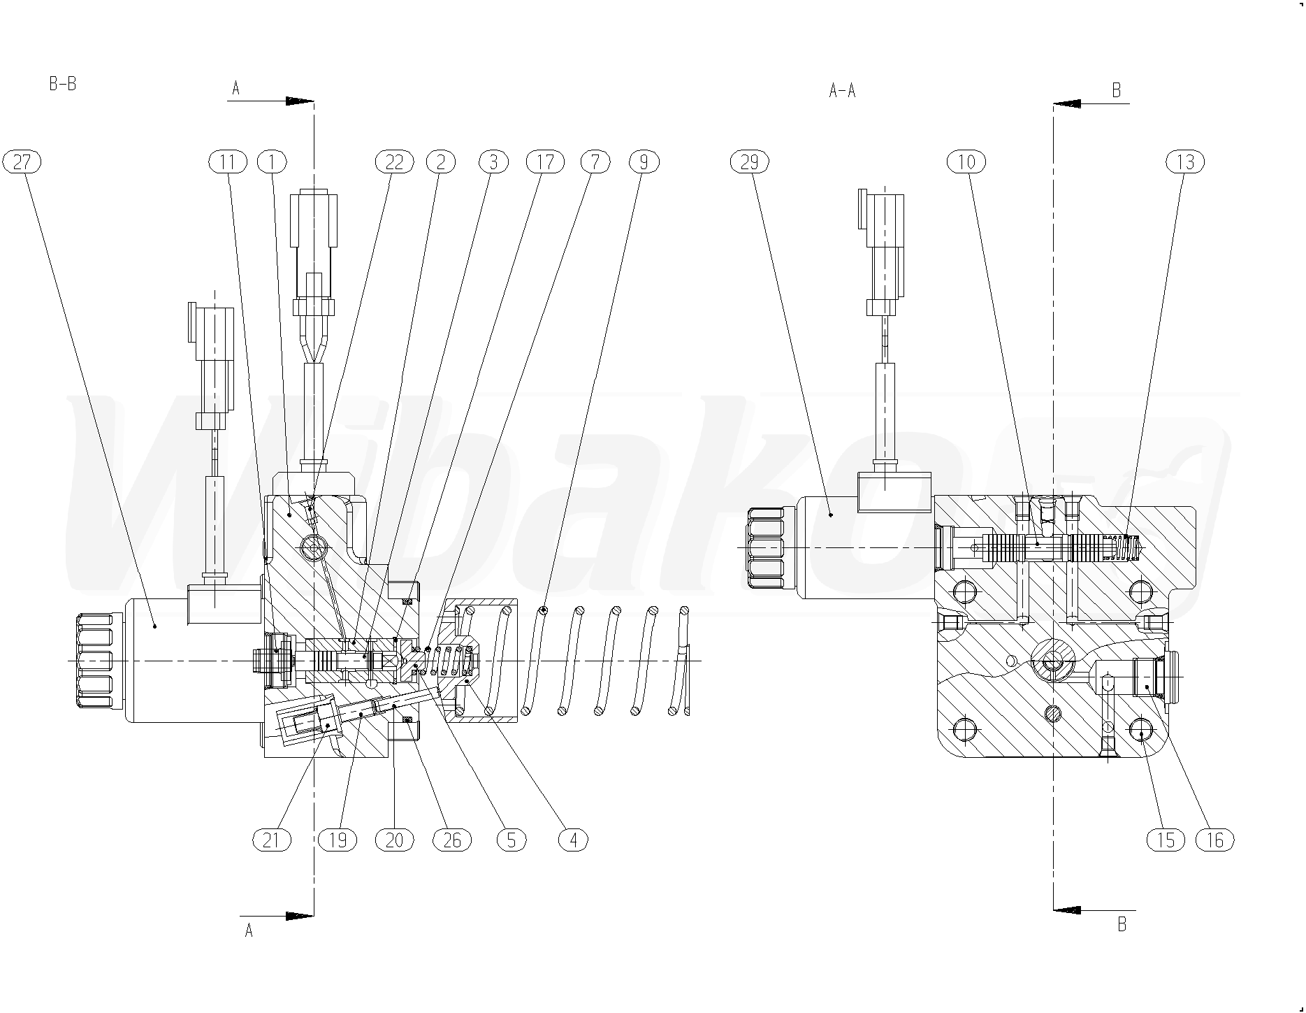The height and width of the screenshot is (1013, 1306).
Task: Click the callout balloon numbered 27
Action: click(x=22, y=162)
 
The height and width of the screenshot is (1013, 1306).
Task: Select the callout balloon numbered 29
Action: click(x=749, y=162)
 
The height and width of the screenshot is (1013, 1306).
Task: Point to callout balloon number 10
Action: click(x=966, y=162)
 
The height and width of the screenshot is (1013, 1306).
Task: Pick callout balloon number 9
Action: click(x=644, y=162)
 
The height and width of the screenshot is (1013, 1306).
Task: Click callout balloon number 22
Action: click(x=395, y=162)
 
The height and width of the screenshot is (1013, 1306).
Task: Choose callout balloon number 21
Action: click(x=272, y=840)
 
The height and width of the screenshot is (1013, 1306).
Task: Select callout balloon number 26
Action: click(x=453, y=840)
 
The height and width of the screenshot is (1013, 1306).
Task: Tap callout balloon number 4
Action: click(x=574, y=840)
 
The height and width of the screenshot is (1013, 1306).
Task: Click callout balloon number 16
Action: click(x=1215, y=840)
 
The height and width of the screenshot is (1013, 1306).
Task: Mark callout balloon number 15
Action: click(x=1166, y=840)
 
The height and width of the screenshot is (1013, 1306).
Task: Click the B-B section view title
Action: click(x=63, y=85)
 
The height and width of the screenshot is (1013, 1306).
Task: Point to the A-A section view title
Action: click(x=842, y=90)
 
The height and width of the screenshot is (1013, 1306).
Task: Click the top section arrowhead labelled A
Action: click(x=300, y=101)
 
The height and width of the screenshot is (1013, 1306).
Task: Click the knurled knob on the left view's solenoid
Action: click(x=94, y=661)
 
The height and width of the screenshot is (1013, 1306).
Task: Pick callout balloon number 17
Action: click(x=545, y=162)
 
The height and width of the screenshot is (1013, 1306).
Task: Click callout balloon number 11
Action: click(x=228, y=162)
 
